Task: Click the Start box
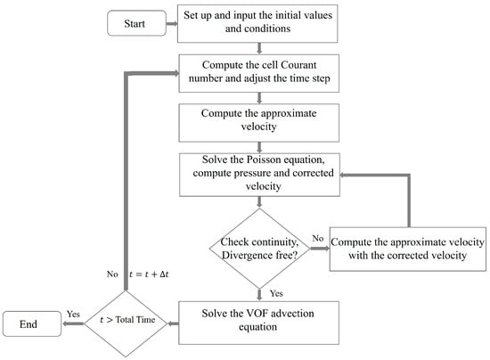pos(136,23)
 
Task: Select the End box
pos(32,323)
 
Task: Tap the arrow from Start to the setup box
pos(172,24)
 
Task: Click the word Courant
pos(298,65)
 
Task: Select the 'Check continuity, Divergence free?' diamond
pos(259,249)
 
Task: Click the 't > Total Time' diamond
pos(126,323)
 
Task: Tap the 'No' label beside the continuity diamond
pos(317,239)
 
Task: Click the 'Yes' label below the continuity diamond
pos(276,293)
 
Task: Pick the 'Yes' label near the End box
pos(73,314)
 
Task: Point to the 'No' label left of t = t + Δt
pos(112,274)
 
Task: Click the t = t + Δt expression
pos(149,274)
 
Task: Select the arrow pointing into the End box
pos(73,323)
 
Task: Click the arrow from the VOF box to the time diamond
pos(173,323)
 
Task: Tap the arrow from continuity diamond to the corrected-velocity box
pos(320,249)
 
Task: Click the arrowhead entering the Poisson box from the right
pos(342,175)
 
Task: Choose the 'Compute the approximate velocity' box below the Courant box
pos(258,123)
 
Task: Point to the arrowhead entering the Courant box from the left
pos(176,73)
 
